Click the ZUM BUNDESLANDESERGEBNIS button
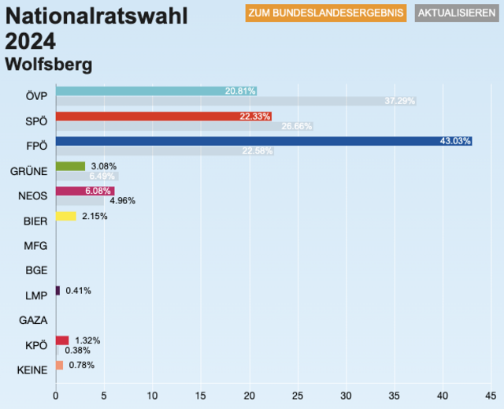coord(326,13)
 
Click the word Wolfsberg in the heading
coord(48,63)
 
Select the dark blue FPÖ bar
coord(264,141)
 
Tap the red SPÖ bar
coord(164,116)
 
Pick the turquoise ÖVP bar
coord(156,91)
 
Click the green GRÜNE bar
coord(70,166)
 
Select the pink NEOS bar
coord(85,191)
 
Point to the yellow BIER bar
coord(66,216)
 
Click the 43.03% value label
coord(455,141)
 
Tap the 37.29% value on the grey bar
coord(400,101)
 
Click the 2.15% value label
coord(94,216)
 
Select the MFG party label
coord(36,246)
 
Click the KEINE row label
coord(32,370)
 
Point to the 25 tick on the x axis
coord(298,396)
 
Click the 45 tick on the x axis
coord(491,396)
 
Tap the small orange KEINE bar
coord(59,365)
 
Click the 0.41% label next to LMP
coord(78,291)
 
